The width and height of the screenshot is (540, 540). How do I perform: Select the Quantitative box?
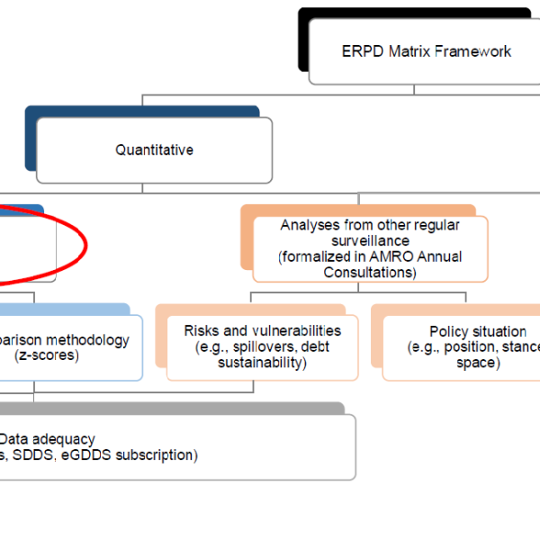pos(154,150)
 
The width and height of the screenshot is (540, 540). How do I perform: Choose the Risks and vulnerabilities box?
pos(262,346)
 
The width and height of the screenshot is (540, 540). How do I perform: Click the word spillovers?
pos(264,346)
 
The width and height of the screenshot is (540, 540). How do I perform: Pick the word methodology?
pos(89,340)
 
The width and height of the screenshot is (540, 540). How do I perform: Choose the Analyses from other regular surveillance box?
pos(370,247)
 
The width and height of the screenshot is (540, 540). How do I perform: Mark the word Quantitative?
pos(154,150)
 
